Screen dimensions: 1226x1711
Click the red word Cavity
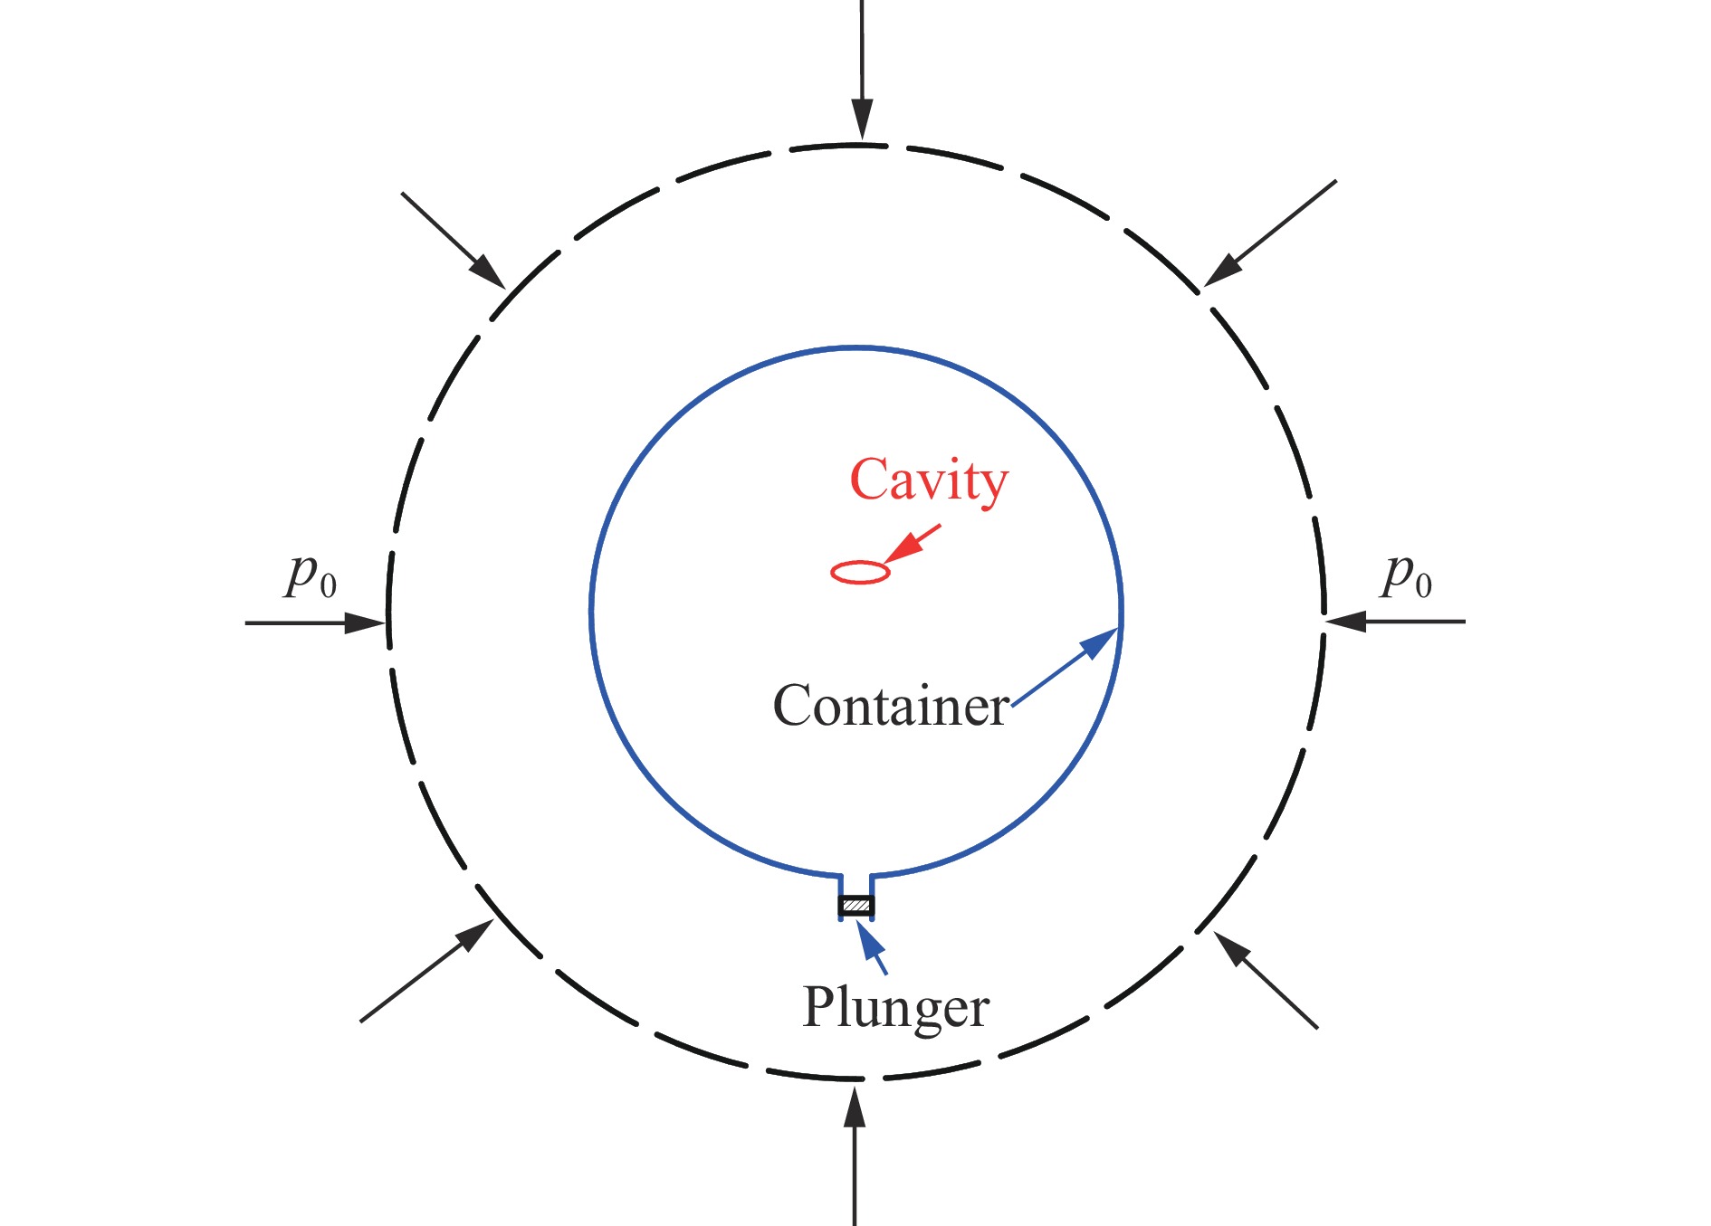928,480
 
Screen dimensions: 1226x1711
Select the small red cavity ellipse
860,572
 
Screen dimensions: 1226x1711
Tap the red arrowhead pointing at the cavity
902,549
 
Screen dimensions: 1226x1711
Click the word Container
891,706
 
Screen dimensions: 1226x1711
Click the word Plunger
895,1007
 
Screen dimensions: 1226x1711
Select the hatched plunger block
856,905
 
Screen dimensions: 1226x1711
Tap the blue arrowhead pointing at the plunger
870,941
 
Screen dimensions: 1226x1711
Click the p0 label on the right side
1406,575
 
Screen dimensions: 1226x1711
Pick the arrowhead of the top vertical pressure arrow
863,119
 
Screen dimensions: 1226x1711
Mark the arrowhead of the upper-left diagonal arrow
487,271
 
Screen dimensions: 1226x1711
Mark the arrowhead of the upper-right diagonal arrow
1223,269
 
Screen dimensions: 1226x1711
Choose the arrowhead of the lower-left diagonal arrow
474,936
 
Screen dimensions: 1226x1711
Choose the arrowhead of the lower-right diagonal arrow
1233,950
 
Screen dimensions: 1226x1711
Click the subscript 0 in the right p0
1423,586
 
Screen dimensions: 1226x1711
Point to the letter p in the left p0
302,573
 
